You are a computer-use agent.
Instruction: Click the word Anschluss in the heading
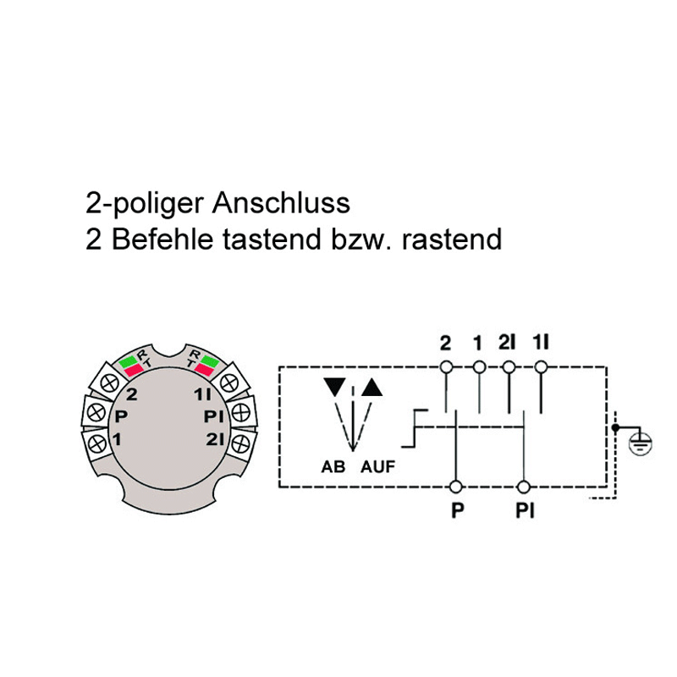281,202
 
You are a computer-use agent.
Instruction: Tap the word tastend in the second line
272,239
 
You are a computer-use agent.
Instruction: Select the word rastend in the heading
452,239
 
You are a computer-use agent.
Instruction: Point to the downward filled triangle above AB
334,387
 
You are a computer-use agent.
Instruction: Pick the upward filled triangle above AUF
372,387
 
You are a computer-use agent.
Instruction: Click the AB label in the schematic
333,467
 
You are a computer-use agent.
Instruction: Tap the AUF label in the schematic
377,467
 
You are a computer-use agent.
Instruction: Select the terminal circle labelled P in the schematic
456,487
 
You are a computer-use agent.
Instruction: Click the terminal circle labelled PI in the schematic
524,487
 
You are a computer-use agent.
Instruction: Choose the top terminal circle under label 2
446,367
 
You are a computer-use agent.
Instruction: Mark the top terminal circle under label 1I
541,367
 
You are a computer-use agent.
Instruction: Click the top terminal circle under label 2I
509,367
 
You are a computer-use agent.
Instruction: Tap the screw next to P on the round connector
96,412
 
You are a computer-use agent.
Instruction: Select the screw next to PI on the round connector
241,412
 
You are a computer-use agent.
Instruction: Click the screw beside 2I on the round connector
241,443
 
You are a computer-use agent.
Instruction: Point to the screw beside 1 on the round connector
97,443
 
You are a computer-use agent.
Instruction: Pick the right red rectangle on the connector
205,369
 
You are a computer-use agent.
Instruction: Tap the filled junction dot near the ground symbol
616,427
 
